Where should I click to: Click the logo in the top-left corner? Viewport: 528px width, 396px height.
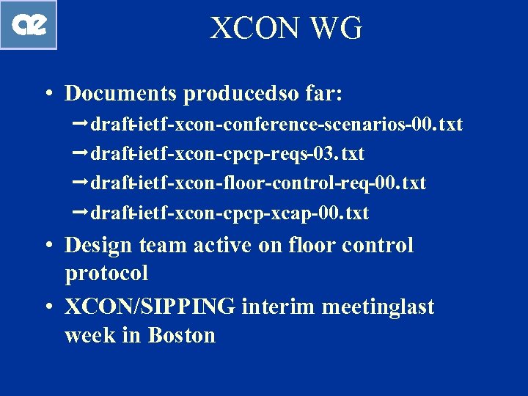(29, 25)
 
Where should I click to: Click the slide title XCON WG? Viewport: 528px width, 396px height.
(287, 29)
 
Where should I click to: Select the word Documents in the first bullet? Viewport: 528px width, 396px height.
(121, 94)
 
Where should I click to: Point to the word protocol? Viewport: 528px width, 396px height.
(106, 274)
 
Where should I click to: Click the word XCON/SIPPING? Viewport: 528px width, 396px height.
(150, 307)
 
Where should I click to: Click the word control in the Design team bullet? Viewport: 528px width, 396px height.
(375, 246)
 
